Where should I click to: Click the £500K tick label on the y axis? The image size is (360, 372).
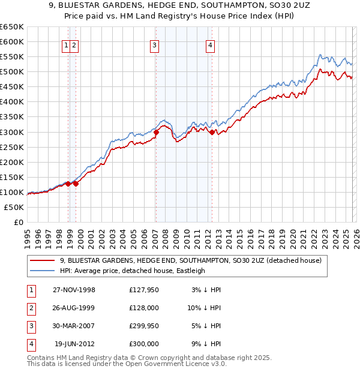point(12,72)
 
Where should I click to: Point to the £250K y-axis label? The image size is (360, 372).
point(12,147)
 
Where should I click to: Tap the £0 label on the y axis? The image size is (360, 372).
point(18,223)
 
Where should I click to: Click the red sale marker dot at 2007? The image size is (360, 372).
point(156,132)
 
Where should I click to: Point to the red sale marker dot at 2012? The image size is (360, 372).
point(212,132)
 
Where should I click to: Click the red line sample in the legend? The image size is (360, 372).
point(43,260)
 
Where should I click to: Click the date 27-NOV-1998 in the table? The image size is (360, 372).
point(74,290)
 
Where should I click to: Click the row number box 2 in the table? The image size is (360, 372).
point(31,308)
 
